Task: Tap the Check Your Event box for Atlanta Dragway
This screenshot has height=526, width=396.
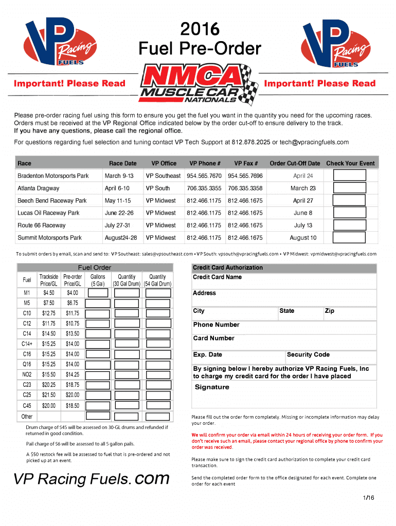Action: pos(350,187)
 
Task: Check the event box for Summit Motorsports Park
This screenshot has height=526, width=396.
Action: pos(350,237)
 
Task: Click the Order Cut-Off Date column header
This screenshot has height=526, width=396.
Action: pos(295,163)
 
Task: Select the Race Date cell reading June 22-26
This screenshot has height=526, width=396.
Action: pos(119,213)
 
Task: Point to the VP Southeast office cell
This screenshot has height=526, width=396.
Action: pos(163,176)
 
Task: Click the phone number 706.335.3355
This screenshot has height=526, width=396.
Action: pos(204,188)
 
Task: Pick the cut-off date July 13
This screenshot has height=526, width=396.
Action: pos(303,225)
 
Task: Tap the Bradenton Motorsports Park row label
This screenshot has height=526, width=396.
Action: pos(53,176)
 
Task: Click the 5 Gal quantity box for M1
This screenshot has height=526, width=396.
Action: pos(98,293)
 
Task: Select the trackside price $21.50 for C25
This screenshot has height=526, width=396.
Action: pos(49,395)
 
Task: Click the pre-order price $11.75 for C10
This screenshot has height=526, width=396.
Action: pos(73,313)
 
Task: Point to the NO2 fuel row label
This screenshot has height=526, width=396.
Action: pos(27,374)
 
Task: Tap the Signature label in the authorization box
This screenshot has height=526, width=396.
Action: pos(212,387)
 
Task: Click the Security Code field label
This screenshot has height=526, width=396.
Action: pos(308,354)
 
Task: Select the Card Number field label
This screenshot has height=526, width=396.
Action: pos(213,338)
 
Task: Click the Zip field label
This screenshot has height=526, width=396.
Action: pos(329,311)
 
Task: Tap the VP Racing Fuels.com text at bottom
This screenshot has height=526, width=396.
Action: pos(92,479)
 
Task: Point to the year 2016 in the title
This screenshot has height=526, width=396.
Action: pos(200,29)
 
